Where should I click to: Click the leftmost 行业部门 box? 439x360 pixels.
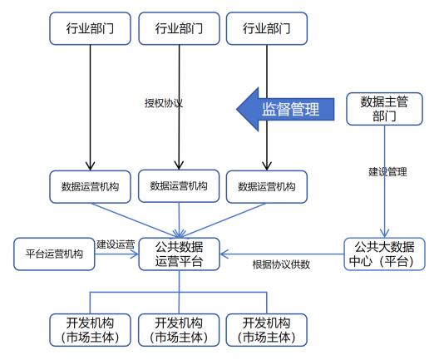(90, 28)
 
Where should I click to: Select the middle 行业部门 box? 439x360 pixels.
(180, 28)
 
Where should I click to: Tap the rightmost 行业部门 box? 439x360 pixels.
(267, 28)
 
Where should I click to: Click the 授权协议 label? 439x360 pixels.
(164, 103)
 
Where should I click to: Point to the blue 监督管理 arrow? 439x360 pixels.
(285, 109)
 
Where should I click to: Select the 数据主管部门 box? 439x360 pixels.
(384, 109)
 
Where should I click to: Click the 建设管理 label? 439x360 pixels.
(387, 171)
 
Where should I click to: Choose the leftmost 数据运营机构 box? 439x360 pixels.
(90, 187)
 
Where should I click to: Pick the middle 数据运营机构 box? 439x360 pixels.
(179, 186)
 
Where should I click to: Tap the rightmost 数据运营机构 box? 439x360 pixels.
(267, 187)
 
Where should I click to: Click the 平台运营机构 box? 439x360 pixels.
(54, 254)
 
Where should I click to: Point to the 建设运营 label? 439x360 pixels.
(116, 244)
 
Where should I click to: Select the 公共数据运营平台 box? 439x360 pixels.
(180, 254)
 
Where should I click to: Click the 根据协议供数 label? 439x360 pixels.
(281, 264)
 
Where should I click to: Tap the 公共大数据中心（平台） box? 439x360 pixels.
(384, 254)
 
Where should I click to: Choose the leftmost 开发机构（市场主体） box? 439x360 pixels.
(90, 330)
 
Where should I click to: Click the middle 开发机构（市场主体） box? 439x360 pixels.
(179, 330)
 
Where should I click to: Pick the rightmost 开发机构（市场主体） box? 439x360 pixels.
(267, 330)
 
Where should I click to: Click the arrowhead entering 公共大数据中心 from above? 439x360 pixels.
(385, 234)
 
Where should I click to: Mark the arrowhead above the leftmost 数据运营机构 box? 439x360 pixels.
(90, 166)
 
